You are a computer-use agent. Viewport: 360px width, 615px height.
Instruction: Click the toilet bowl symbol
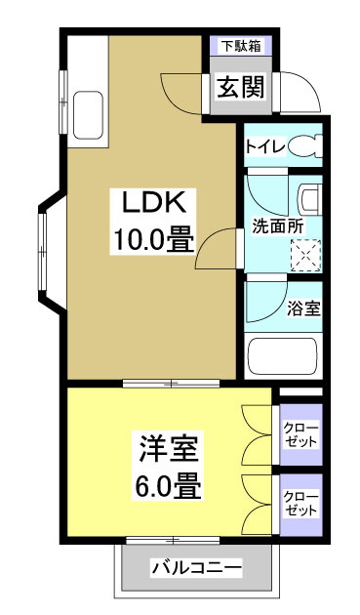[x=306, y=146]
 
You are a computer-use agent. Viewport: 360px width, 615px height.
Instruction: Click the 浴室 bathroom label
[x=303, y=309]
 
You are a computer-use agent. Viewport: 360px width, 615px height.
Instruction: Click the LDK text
[x=153, y=202]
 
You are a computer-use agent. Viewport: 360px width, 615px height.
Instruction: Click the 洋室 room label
[x=167, y=450]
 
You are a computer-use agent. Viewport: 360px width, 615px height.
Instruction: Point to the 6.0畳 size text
[x=167, y=486]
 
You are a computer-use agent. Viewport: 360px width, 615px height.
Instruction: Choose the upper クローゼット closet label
[x=300, y=433]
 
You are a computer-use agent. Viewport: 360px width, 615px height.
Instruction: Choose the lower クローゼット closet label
[x=300, y=502]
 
